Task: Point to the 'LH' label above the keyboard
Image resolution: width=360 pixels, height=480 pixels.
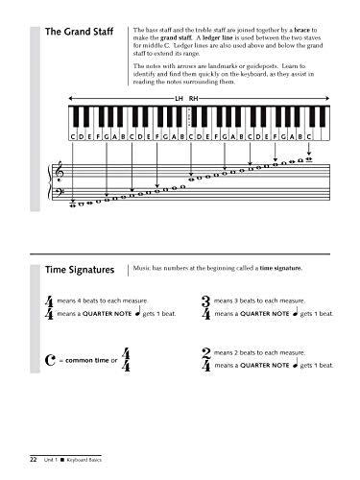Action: pos(178,98)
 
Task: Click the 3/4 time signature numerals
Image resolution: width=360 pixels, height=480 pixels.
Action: pos(208,308)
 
